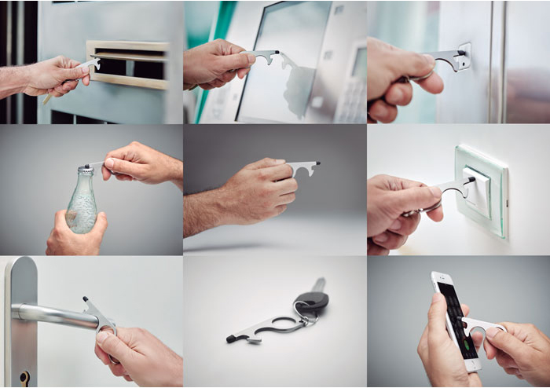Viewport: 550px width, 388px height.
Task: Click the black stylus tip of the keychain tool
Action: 231,338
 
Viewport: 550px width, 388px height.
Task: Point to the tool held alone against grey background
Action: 302,166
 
